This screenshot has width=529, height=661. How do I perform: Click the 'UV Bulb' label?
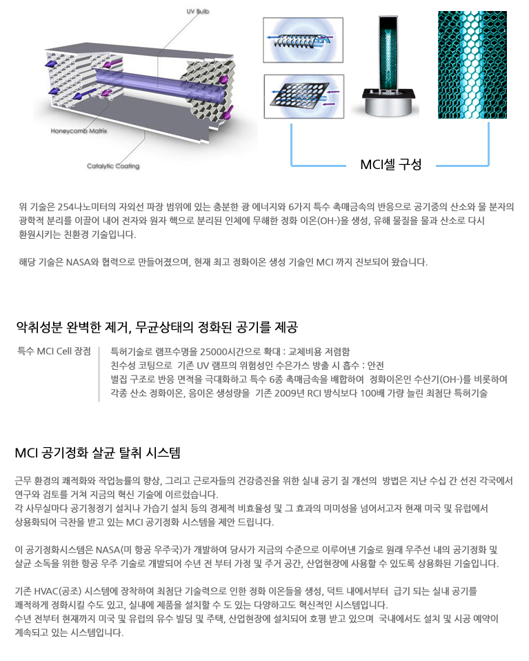tap(198, 11)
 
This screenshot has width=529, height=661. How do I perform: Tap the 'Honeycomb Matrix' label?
tap(79, 130)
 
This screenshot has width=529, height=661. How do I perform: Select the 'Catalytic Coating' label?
tap(113, 166)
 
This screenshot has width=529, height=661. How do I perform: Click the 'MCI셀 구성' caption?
tap(391, 164)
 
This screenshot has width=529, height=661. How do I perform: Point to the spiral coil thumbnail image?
tap(303, 40)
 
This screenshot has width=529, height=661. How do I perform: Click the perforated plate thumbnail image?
tap(304, 97)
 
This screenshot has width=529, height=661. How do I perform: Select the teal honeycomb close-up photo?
tap(472, 64)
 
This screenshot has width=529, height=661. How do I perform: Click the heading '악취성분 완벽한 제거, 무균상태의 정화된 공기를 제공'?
tap(157, 327)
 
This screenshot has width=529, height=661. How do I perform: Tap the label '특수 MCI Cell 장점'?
tap(54, 351)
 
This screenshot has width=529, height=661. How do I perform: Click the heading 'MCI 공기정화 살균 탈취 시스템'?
tap(97, 453)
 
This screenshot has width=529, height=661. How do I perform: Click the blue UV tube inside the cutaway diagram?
tap(160, 83)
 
